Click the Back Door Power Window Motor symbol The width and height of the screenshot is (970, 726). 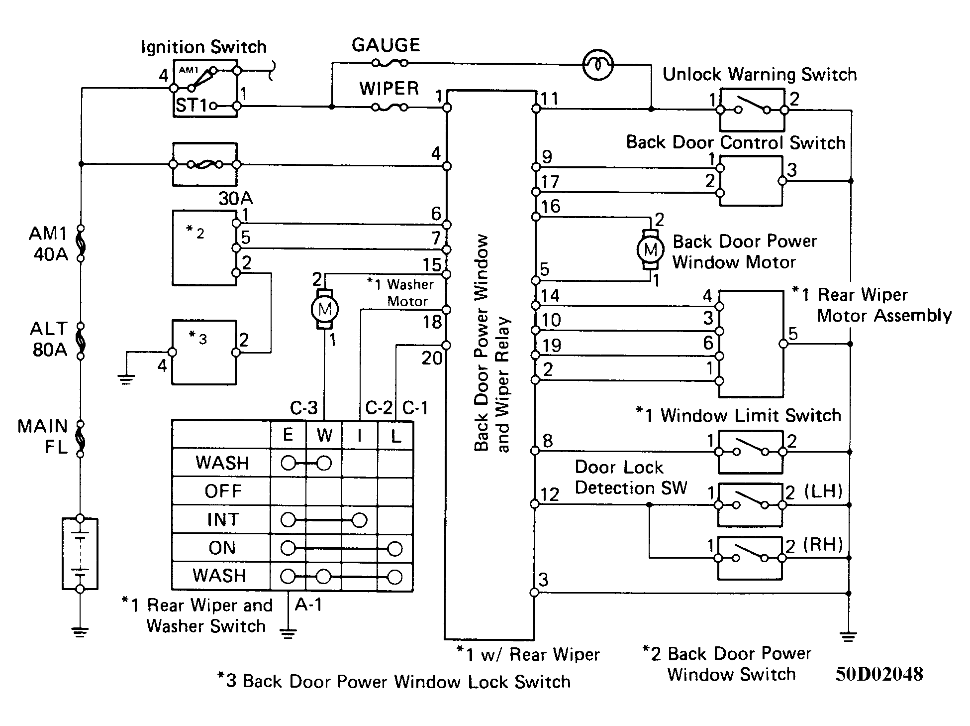pos(650,249)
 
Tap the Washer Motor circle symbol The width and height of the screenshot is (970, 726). pos(324,309)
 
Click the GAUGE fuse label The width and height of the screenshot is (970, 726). pos(386,45)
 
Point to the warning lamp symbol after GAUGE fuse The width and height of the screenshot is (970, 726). pos(598,65)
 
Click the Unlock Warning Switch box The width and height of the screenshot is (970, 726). pos(751,110)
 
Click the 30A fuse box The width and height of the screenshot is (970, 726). pos(204,164)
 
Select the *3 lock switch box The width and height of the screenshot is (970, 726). pos(204,353)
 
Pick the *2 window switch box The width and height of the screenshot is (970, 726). pos(204,247)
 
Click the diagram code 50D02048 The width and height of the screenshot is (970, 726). pos(879,674)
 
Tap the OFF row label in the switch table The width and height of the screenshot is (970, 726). pos(223,491)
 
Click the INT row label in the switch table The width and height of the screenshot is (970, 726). pos(223,520)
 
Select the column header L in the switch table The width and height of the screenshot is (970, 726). pos(395,436)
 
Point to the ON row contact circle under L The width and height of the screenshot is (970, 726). pos(395,549)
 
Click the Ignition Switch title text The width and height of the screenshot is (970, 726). pos(204,47)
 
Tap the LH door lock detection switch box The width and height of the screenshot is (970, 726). pos(751,505)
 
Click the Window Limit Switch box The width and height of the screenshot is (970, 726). pos(751,452)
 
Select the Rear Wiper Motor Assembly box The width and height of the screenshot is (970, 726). pos(751,344)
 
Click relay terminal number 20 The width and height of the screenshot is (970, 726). pos(432,358)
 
